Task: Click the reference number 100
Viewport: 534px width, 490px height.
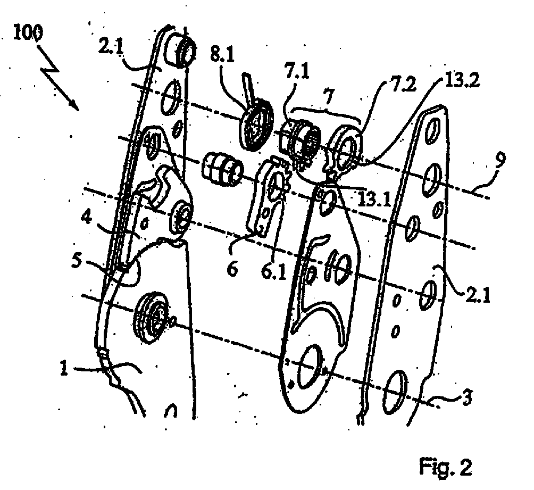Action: tap(28, 33)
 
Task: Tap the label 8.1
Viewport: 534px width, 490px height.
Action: tap(222, 54)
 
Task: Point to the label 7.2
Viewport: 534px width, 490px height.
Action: tap(404, 84)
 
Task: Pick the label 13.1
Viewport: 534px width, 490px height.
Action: tap(374, 200)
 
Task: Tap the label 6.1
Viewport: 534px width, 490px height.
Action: tap(274, 271)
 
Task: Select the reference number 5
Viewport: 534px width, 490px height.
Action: tap(77, 261)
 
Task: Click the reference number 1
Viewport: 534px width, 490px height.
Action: tap(64, 368)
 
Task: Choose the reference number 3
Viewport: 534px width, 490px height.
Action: tap(466, 397)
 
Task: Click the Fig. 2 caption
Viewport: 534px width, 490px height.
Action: tap(446, 467)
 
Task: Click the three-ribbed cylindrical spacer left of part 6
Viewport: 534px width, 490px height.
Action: tap(222, 169)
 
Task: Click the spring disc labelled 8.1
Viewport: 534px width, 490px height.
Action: tap(257, 124)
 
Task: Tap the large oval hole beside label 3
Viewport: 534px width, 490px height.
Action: tap(395, 392)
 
